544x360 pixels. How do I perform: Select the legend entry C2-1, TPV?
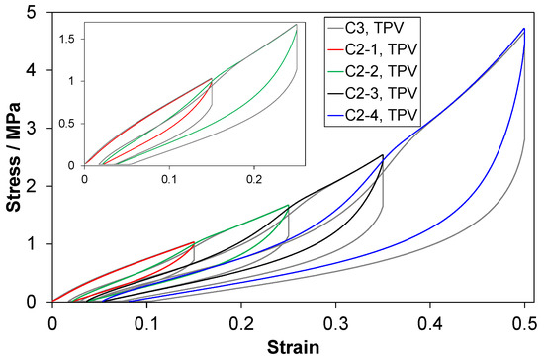click(389, 48)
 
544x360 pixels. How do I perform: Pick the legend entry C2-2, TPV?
click(389, 71)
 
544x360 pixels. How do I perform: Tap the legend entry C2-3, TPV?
click(389, 94)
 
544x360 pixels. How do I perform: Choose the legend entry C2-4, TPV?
click(389, 117)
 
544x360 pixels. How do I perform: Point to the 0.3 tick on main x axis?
click(335, 322)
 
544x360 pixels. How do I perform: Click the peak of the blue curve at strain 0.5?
click(523, 29)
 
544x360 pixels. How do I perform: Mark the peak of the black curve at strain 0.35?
click(382, 155)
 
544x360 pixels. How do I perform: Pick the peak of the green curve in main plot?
click(288, 205)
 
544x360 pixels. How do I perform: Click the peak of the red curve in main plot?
click(194, 242)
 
